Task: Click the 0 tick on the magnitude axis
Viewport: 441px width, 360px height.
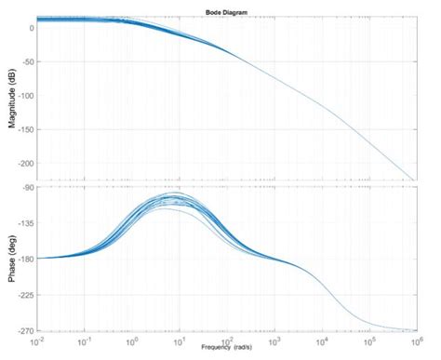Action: click(32, 28)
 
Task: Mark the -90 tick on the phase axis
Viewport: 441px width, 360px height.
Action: click(28, 188)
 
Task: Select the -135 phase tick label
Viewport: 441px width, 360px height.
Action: click(25, 223)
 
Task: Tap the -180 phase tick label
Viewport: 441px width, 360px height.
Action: click(25, 259)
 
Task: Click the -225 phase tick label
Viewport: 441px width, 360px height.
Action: click(25, 294)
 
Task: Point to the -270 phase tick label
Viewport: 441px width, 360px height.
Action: click(25, 329)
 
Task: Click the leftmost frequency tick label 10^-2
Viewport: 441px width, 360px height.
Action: click(35, 340)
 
